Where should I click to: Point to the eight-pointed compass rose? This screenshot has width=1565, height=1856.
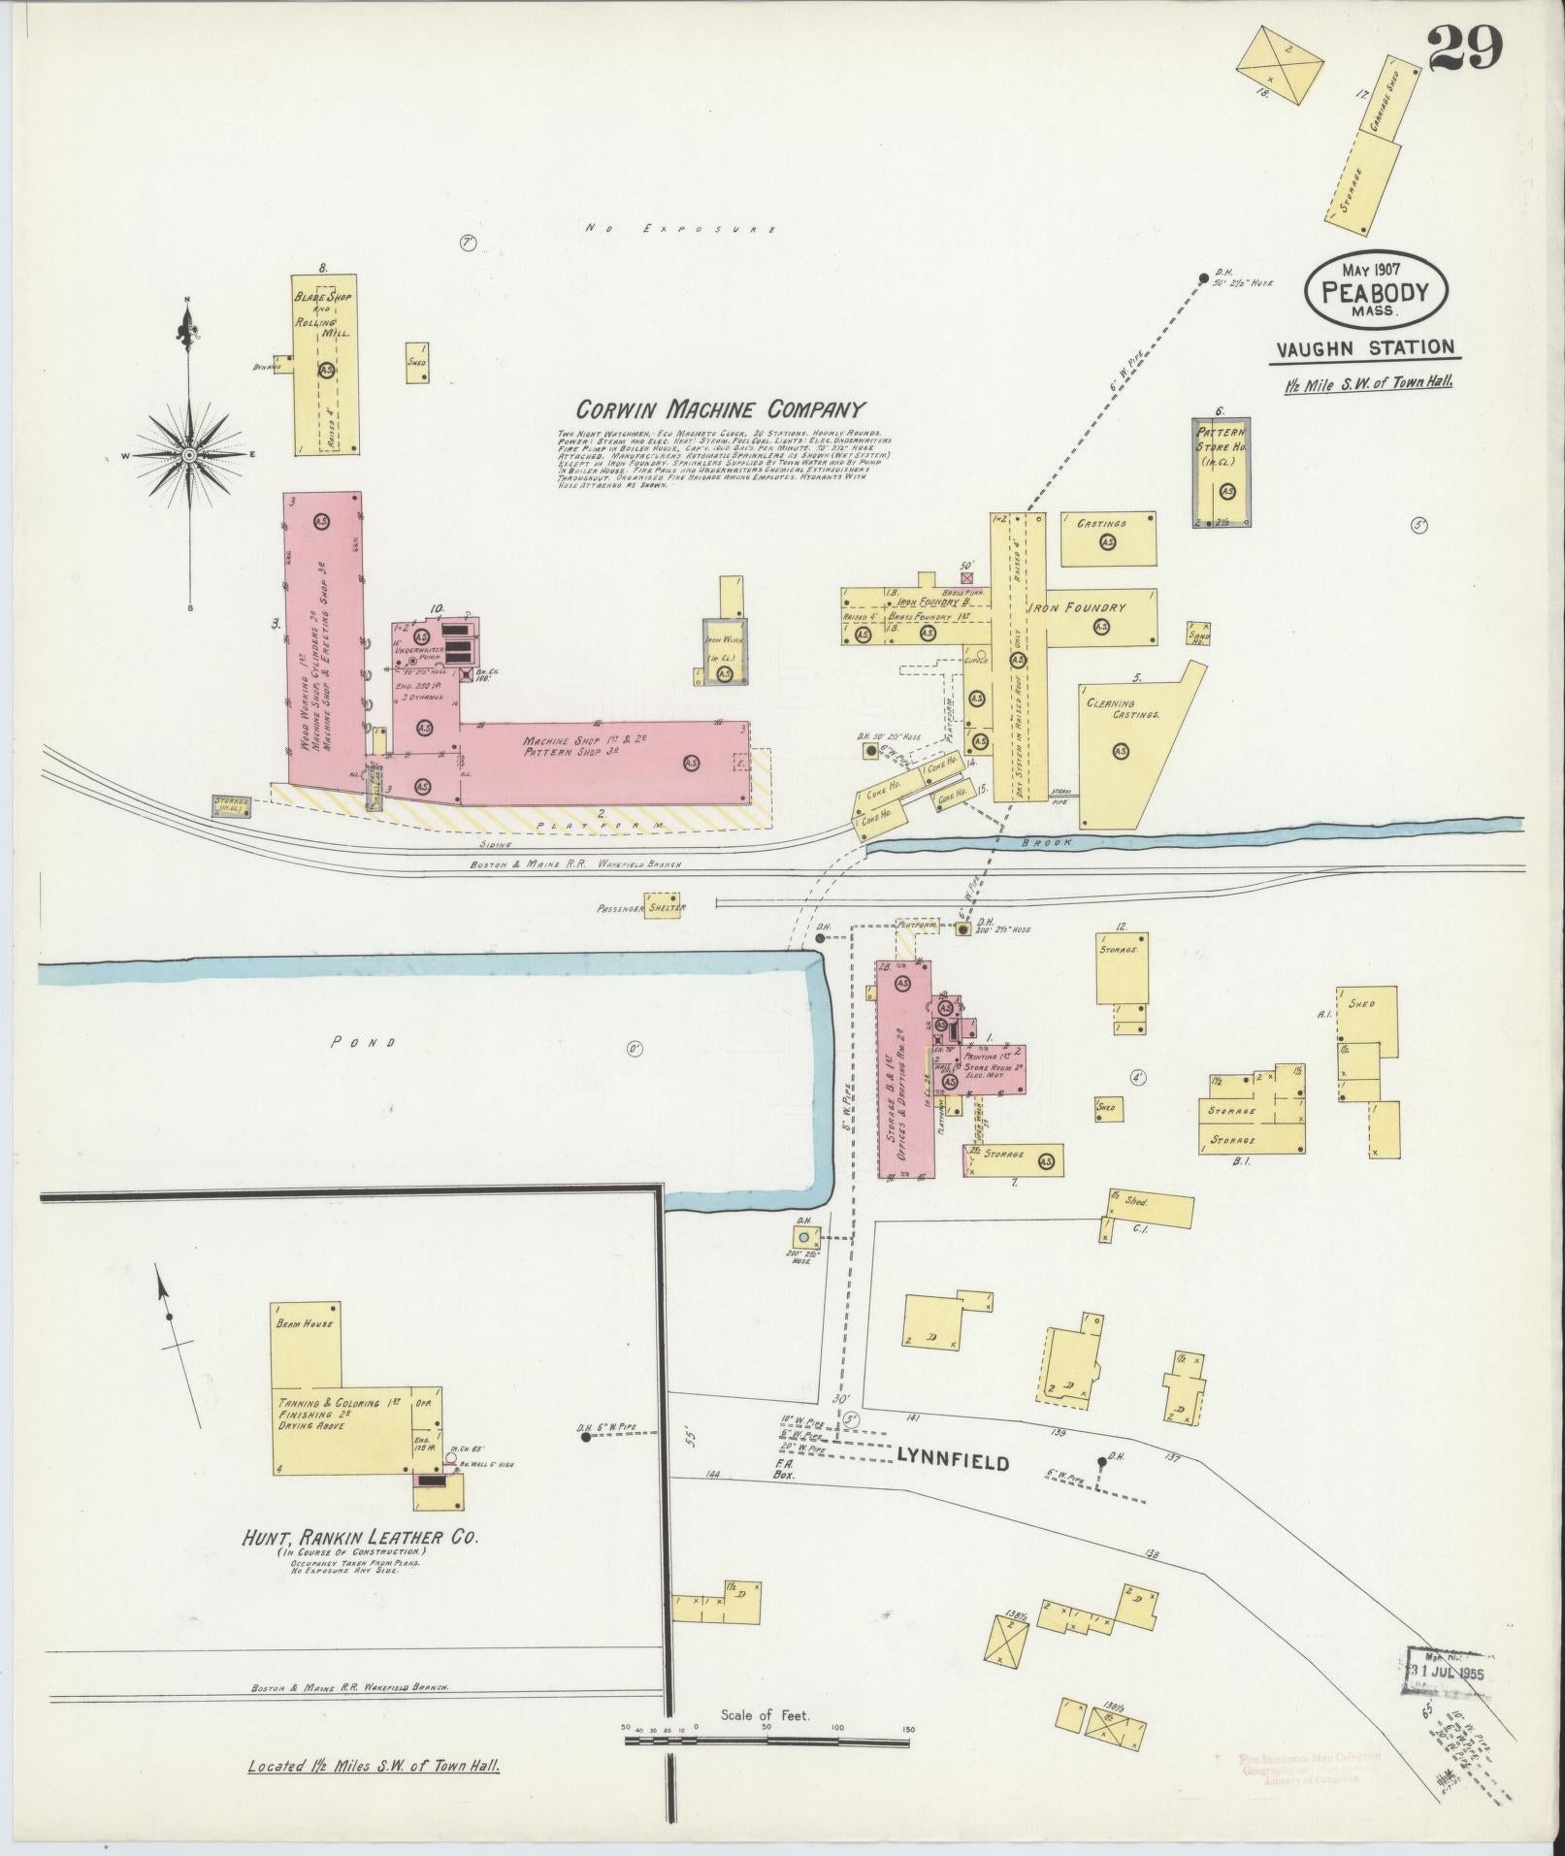(x=189, y=455)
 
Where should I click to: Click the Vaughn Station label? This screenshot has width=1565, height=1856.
(x=1362, y=347)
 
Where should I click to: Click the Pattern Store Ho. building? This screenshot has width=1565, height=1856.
(x=1221, y=472)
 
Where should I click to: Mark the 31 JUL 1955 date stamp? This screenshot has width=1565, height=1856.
(x=1446, y=1673)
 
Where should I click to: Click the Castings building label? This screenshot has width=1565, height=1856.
(x=1101, y=524)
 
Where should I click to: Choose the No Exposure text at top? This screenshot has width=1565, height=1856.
(x=680, y=230)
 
